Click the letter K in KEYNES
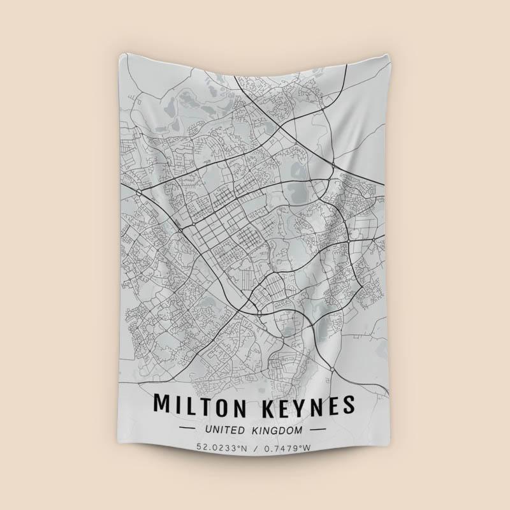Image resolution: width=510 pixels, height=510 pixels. pos(264,405)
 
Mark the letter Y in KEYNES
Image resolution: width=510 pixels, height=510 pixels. pos(299,405)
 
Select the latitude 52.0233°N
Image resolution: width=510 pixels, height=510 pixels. pos(221,447)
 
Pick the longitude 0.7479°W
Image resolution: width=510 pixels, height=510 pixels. pos(286,447)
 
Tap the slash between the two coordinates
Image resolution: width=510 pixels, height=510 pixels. pos(254,447)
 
